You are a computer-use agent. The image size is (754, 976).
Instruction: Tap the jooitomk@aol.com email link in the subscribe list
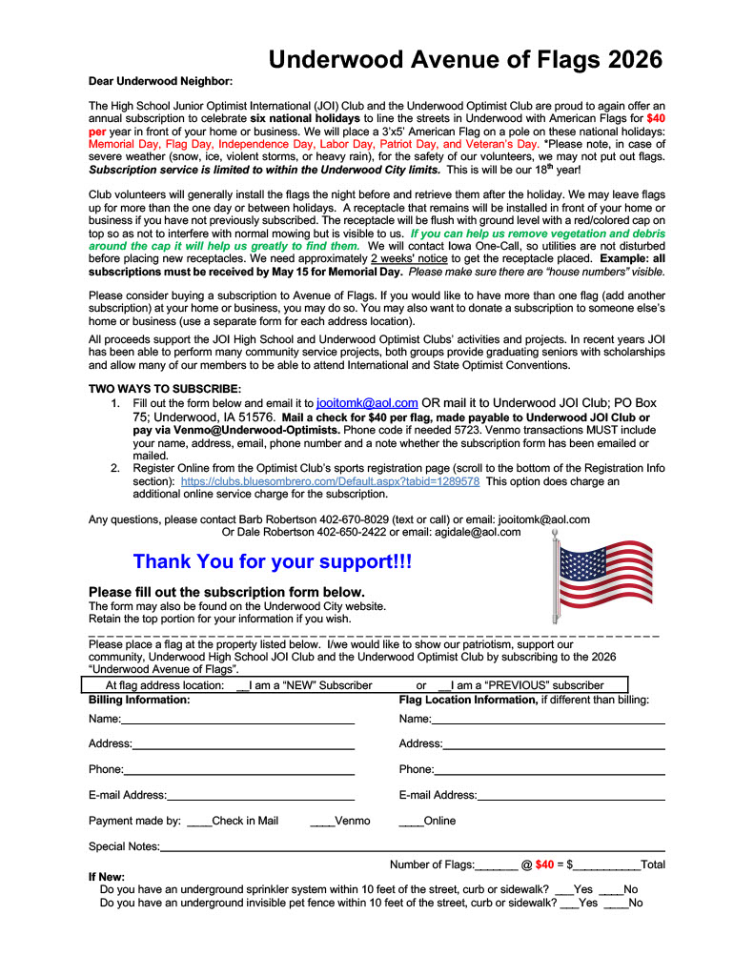point(366,403)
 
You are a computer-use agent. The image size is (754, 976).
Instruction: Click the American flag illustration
point(602,576)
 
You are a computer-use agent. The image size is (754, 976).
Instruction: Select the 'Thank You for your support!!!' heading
point(273,562)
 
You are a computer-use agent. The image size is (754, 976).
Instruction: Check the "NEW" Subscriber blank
point(242,685)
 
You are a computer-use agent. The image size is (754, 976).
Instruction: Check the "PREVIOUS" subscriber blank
point(444,685)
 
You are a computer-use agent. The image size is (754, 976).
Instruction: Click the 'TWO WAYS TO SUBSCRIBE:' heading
point(165,389)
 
